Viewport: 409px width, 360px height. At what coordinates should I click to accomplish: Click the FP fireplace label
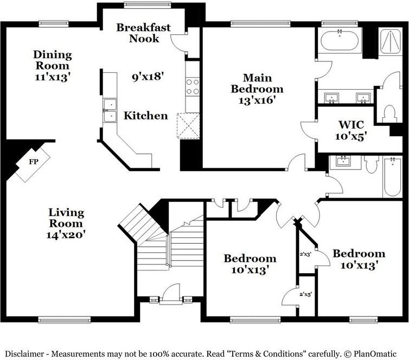click(34, 162)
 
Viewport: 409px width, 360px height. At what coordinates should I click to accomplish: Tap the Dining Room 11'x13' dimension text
click(53, 77)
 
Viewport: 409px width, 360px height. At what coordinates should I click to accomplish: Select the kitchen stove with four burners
click(193, 86)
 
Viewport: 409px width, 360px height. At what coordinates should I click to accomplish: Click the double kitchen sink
click(110, 110)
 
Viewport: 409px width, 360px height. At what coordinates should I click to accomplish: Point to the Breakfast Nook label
click(143, 33)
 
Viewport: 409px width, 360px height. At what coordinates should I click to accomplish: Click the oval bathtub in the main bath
click(340, 41)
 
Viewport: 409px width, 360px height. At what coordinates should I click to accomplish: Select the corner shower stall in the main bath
click(390, 42)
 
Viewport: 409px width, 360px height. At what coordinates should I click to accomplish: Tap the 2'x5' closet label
click(306, 294)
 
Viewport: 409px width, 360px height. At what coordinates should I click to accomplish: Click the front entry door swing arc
click(171, 290)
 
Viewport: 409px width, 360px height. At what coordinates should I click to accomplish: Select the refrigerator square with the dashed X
click(188, 125)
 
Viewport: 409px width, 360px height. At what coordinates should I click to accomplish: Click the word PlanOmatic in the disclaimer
click(375, 354)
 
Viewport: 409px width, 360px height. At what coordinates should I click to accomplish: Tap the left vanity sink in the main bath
click(331, 98)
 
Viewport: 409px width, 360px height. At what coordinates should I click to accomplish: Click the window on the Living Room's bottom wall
click(65, 319)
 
